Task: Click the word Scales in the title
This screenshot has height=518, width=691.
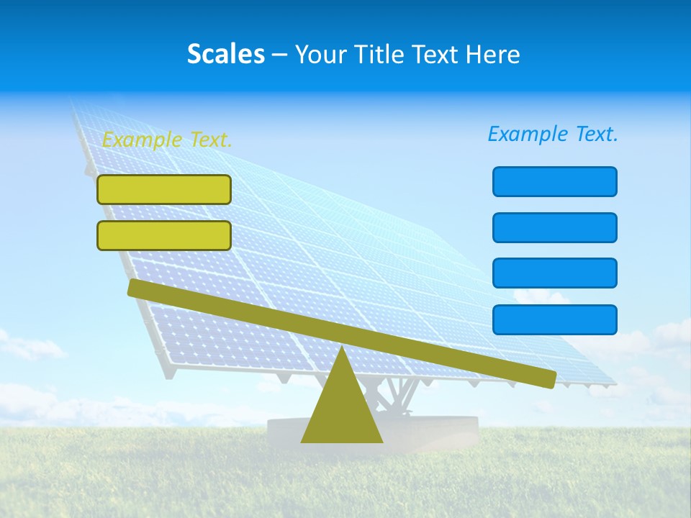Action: pyautogui.click(x=225, y=54)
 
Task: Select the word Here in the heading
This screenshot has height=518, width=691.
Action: pyautogui.click(x=493, y=54)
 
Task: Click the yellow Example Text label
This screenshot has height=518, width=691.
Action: pyautogui.click(x=167, y=140)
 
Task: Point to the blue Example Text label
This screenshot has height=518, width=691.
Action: pyautogui.click(x=553, y=134)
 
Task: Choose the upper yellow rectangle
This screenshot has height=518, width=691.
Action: pyautogui.click(x=164, y=189)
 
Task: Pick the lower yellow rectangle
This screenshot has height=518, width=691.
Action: pyautogui.click(x=164, y=235)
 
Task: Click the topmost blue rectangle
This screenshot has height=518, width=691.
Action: pyautogui.click(x=554, y=181)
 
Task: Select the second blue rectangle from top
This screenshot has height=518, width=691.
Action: pyautogui.click(x=554, y=227)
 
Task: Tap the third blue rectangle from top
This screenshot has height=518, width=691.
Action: pyautogui.click(x=554, y=273)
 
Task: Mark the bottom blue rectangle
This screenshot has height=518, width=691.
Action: pyautogui.click(x=554, y=319)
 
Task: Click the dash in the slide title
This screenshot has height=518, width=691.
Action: pyautogui.click(x=279, y=55)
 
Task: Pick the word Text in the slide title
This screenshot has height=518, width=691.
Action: pyautogui.click(x=438, y=54)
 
